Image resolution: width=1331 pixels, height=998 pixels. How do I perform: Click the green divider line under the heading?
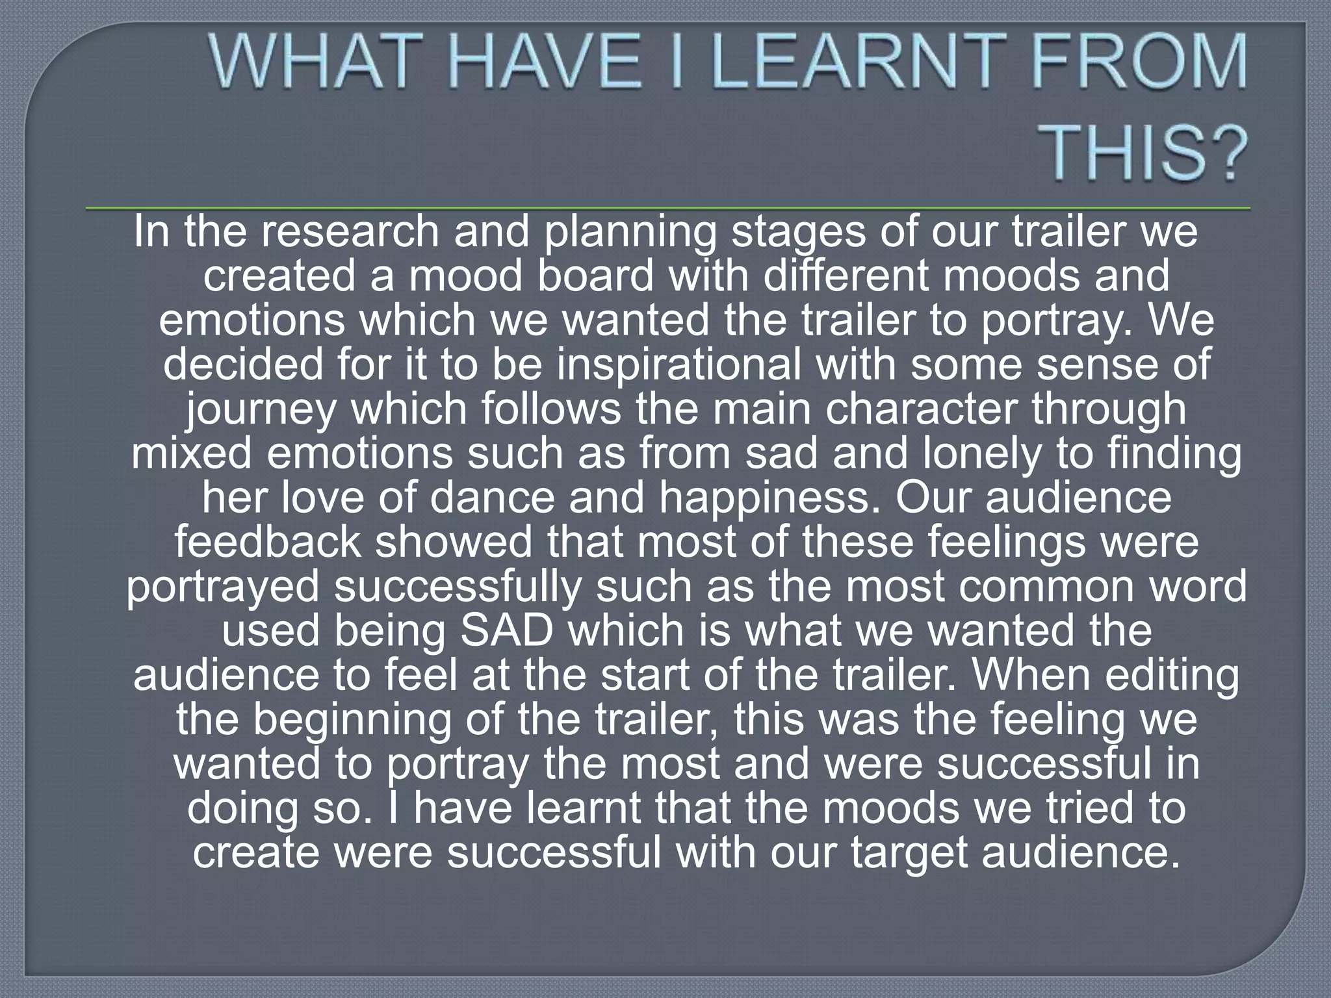[x=668, y=209]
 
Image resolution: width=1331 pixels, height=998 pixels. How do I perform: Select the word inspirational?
[x=679, y=365]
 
